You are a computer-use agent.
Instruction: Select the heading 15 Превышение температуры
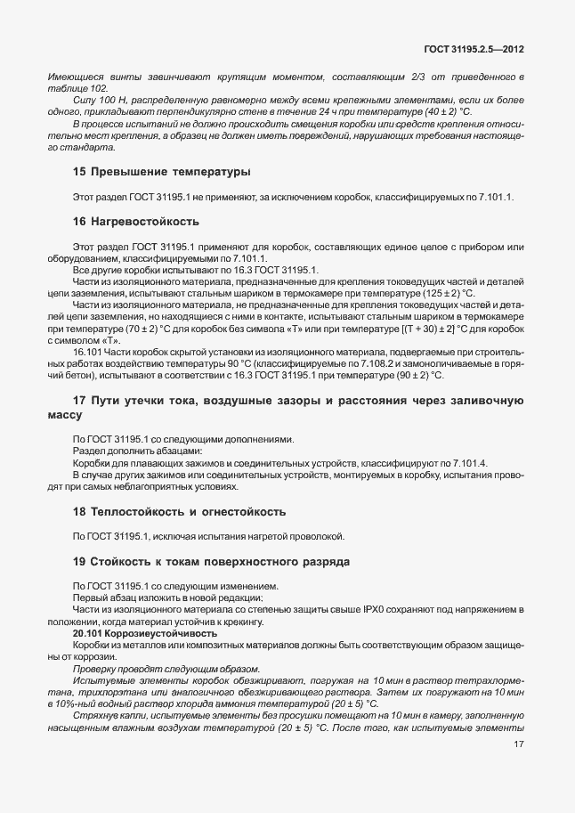click(161, 170)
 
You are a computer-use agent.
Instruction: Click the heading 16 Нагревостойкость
click(137, 220)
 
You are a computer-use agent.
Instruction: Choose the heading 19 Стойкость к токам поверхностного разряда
click(212, 562)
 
